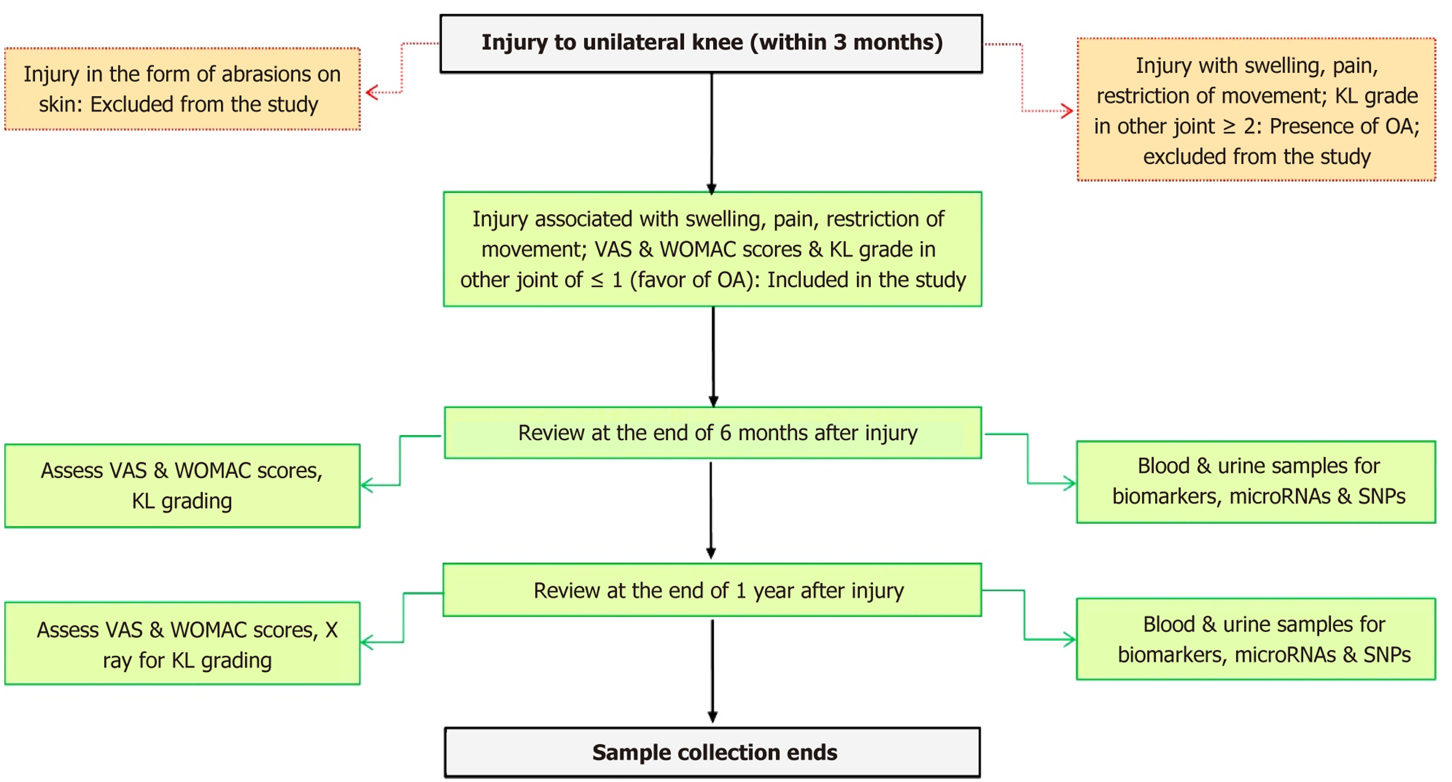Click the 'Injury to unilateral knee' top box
click(711, 43)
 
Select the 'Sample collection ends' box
click(712, 752)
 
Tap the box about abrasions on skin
click(182, 89)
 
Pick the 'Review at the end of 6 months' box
click(712, 433)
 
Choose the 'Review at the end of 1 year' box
click(712, 590)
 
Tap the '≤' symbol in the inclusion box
click(597, 280)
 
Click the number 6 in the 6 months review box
click(725, 433)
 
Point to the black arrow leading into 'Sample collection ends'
click(712, 671)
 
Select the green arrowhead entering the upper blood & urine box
click(1069, 483)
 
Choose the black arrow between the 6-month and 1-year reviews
click(711, 510)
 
